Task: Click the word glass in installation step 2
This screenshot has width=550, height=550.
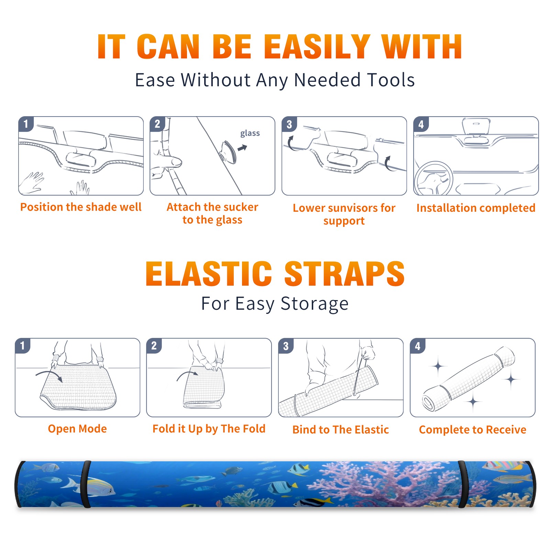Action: (250, 133)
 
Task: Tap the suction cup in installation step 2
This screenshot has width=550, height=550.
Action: (228, 151)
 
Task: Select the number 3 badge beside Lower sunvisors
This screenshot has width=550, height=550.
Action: (289, 124)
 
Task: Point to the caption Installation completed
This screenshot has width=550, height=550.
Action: (476, 208)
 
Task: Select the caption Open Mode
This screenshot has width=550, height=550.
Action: (77, 429)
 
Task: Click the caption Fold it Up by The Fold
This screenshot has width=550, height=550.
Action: (209, 429)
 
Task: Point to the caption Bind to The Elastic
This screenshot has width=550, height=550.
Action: (341, 429)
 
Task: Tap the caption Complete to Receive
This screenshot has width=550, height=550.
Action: (473, 429)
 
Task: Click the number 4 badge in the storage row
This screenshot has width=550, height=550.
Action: (418, 346)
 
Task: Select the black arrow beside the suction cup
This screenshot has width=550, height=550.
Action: (243, 148)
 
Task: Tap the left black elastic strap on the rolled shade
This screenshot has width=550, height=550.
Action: (86, 484)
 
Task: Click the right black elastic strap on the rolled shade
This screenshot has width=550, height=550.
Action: (463, 484)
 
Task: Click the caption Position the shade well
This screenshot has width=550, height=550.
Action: (81, 207)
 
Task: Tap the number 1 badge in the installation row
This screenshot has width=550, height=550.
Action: (26, 124)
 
